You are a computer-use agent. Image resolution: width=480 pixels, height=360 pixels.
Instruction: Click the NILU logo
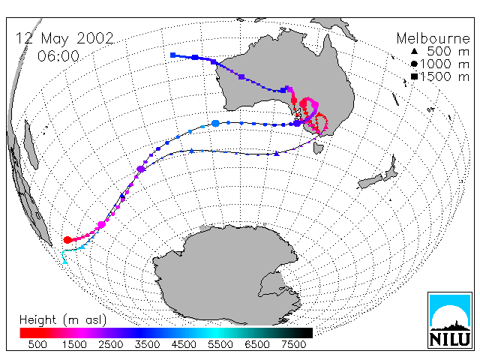pyautogui.click(x=450, y=320)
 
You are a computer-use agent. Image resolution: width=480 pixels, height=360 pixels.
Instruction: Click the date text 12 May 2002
pyautogui.click(x=64, y=38)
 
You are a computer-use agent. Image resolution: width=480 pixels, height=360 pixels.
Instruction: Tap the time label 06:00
pyautogui.click(x=58, y=56)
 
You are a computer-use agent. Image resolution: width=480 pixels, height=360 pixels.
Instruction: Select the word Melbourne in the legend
pyautogui.click(x=433, y=38)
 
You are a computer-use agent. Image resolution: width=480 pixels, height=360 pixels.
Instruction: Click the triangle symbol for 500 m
pyautogui.click(x=414, y=52)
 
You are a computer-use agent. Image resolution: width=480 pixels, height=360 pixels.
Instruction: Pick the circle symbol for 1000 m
pyautogui.click(x=414, y=64)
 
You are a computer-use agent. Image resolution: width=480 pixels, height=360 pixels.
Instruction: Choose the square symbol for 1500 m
pyautogui.click(x=414, y=76)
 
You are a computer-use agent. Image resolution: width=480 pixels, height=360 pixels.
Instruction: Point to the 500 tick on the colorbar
pyautogui.click(x=37, y=345)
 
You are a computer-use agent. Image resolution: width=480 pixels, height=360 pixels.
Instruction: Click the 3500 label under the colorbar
pyautogui.click(x=147, y=345)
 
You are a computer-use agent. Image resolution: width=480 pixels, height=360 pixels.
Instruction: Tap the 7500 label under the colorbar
pyautogui.click(x=293, y=345)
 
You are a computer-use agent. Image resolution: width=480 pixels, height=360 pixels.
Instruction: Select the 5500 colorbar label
pyautogui.click(x=220, y=345)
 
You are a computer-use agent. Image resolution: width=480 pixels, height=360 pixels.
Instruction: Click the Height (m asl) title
pyautogui.click(x=63, y=320)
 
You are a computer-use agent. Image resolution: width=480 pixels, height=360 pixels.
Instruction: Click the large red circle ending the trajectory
pyautogui.click(x=67, y=240)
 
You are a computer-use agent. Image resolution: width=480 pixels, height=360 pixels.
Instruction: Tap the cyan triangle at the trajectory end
pyautogui.click(x=64, y=262)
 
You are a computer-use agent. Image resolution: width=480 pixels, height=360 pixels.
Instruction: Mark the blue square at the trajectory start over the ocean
pyautogui.click(x=173, y=55)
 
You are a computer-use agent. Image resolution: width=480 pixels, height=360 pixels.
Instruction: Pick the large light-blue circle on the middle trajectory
pyautogui.click(x=215, y=123)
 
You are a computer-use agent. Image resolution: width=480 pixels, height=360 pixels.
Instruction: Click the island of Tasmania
pyautogui.click(x=318, y=148)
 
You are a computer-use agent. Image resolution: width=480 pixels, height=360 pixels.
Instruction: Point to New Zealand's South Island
pyautogui.click(x=370, y=182)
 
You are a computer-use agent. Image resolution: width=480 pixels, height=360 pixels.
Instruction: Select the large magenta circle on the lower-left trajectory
pyautogui.click(x=102, y=225)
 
